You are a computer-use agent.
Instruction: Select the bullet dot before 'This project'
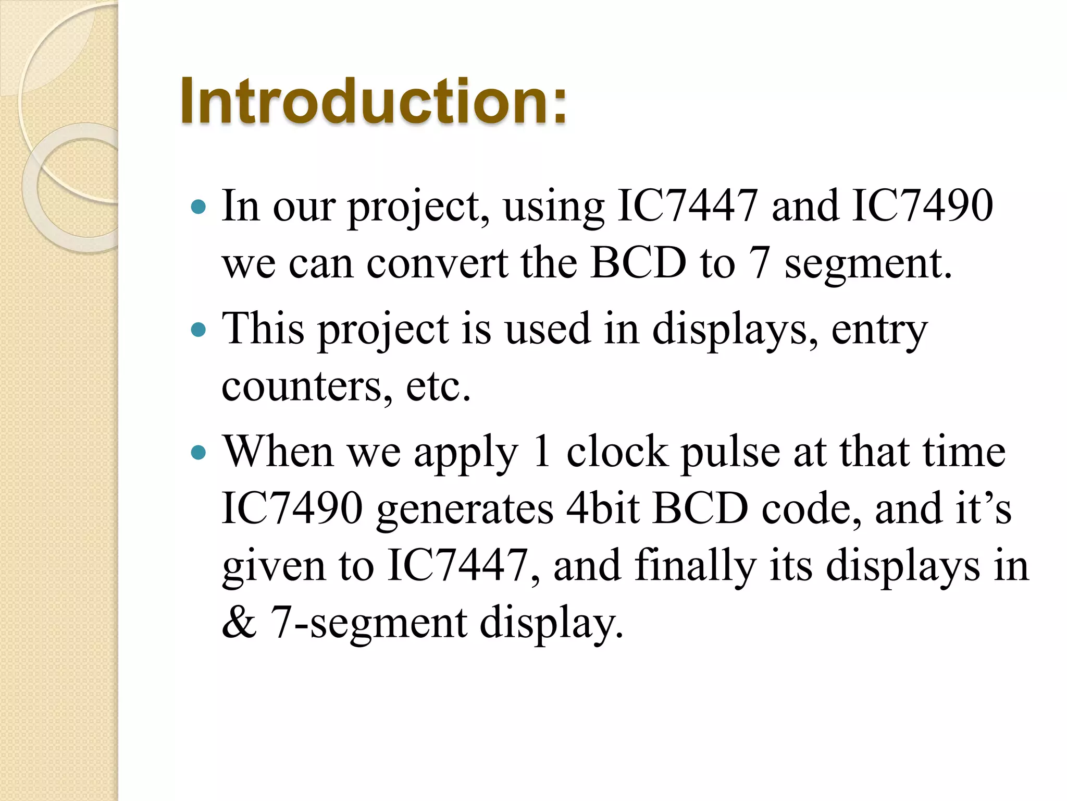tap(198, 330)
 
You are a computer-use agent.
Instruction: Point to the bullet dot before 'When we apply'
tap(198, 452)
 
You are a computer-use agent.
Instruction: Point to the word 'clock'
tap(617, 452)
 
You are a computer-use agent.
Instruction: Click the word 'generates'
tap(464, 509)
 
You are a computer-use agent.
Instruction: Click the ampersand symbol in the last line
tap(239, 623)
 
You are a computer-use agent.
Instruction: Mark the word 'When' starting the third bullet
tap(278, 452)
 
